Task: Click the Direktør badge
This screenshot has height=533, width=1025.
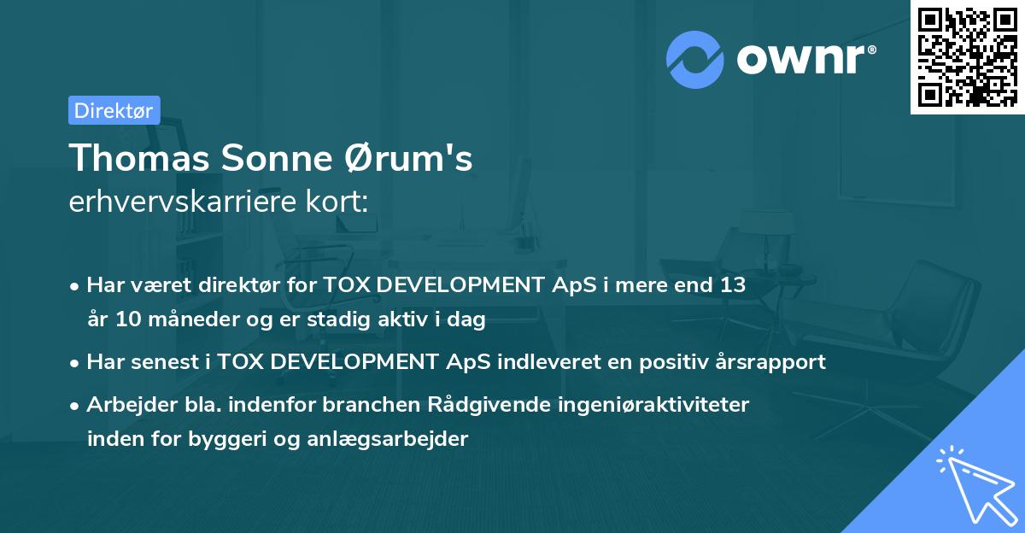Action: (114, 110)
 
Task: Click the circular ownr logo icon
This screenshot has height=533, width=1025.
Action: (696, 59)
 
